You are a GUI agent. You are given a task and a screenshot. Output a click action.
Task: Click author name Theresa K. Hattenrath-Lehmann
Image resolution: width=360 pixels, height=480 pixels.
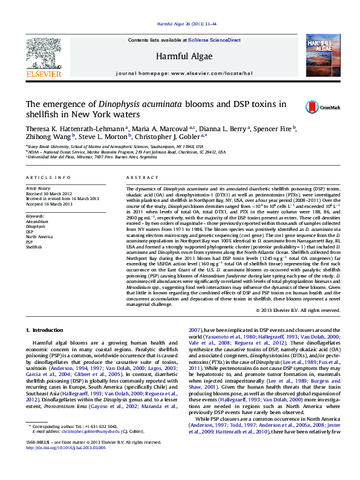(x=74, y=128)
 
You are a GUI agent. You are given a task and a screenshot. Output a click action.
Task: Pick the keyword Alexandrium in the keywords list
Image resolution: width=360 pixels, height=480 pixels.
(x=38, y=221)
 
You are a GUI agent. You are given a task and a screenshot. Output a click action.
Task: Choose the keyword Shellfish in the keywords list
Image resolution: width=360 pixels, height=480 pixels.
(x=34, y=247)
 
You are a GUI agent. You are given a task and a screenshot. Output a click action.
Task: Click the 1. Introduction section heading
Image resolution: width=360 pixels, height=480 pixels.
(x=47, y=331)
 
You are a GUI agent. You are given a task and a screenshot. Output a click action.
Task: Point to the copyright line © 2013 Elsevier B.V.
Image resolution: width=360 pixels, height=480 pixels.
(x=298, y=310)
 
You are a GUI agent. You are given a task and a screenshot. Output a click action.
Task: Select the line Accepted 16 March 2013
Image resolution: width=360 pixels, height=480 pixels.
(x=50, y=204)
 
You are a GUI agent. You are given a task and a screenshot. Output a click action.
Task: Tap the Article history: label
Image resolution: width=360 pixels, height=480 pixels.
(x=38, y=189)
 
